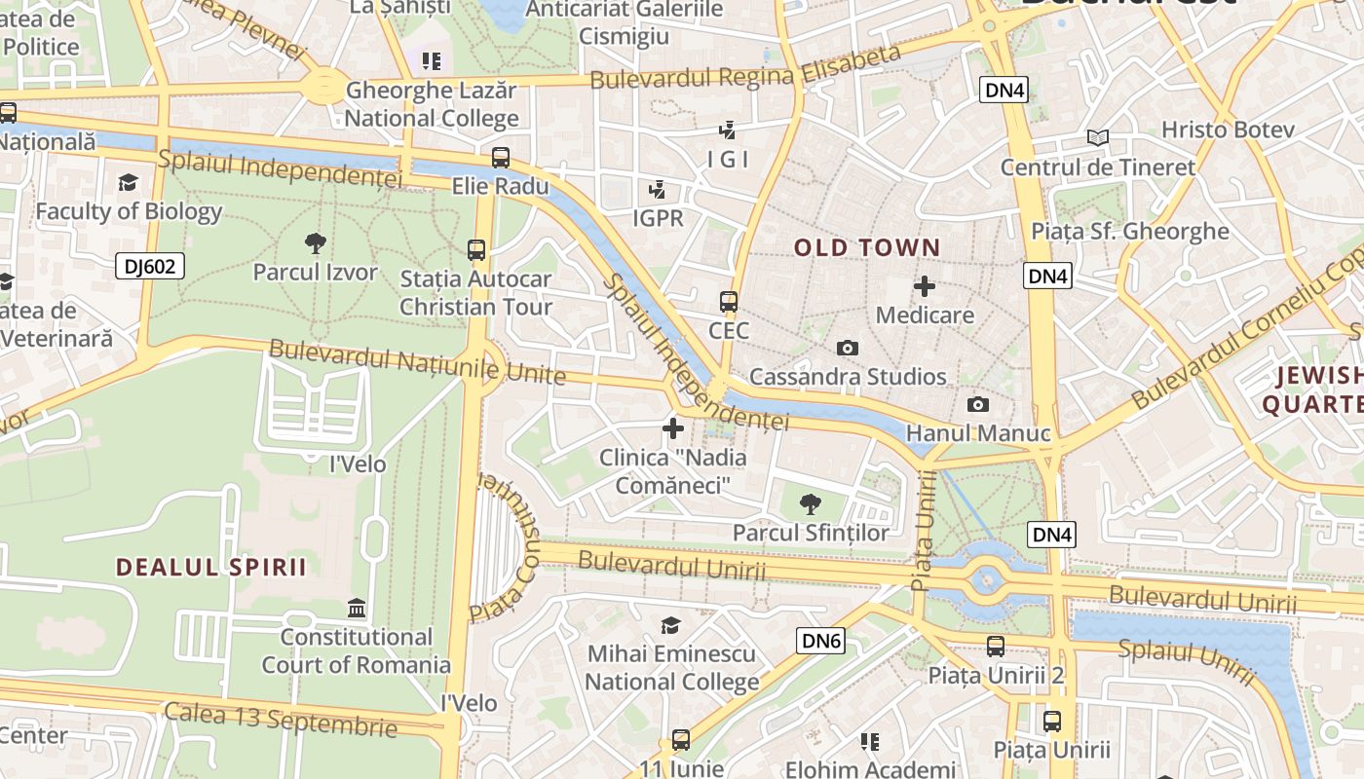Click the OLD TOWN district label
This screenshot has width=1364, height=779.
[867, 247]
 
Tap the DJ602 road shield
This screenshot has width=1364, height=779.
[150, 266]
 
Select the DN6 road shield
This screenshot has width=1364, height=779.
[820, 640]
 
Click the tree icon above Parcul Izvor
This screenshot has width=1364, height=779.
[315, 243]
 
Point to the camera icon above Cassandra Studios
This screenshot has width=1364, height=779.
[848, 348]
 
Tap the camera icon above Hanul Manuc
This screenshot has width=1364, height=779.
[977, 404]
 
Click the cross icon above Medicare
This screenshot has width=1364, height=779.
[925, 286]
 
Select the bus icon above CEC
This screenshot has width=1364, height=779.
[728, 302]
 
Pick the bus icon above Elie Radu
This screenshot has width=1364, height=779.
[501, 157]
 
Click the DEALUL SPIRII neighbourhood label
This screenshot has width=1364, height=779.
[211, 567]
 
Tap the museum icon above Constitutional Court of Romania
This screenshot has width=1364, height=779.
[357, 609]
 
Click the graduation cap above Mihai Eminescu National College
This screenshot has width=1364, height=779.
[670, 625]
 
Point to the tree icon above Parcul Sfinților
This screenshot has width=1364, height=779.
[810, 503]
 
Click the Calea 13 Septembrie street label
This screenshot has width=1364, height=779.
[281, 719]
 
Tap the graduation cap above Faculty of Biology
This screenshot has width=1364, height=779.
[128, 182]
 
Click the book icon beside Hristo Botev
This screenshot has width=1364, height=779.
[1098, 138]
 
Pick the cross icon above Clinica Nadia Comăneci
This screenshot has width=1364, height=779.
[672, 428]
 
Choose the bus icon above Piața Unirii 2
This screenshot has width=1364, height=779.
[995, 646]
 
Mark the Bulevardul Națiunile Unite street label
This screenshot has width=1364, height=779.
[416, 361]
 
